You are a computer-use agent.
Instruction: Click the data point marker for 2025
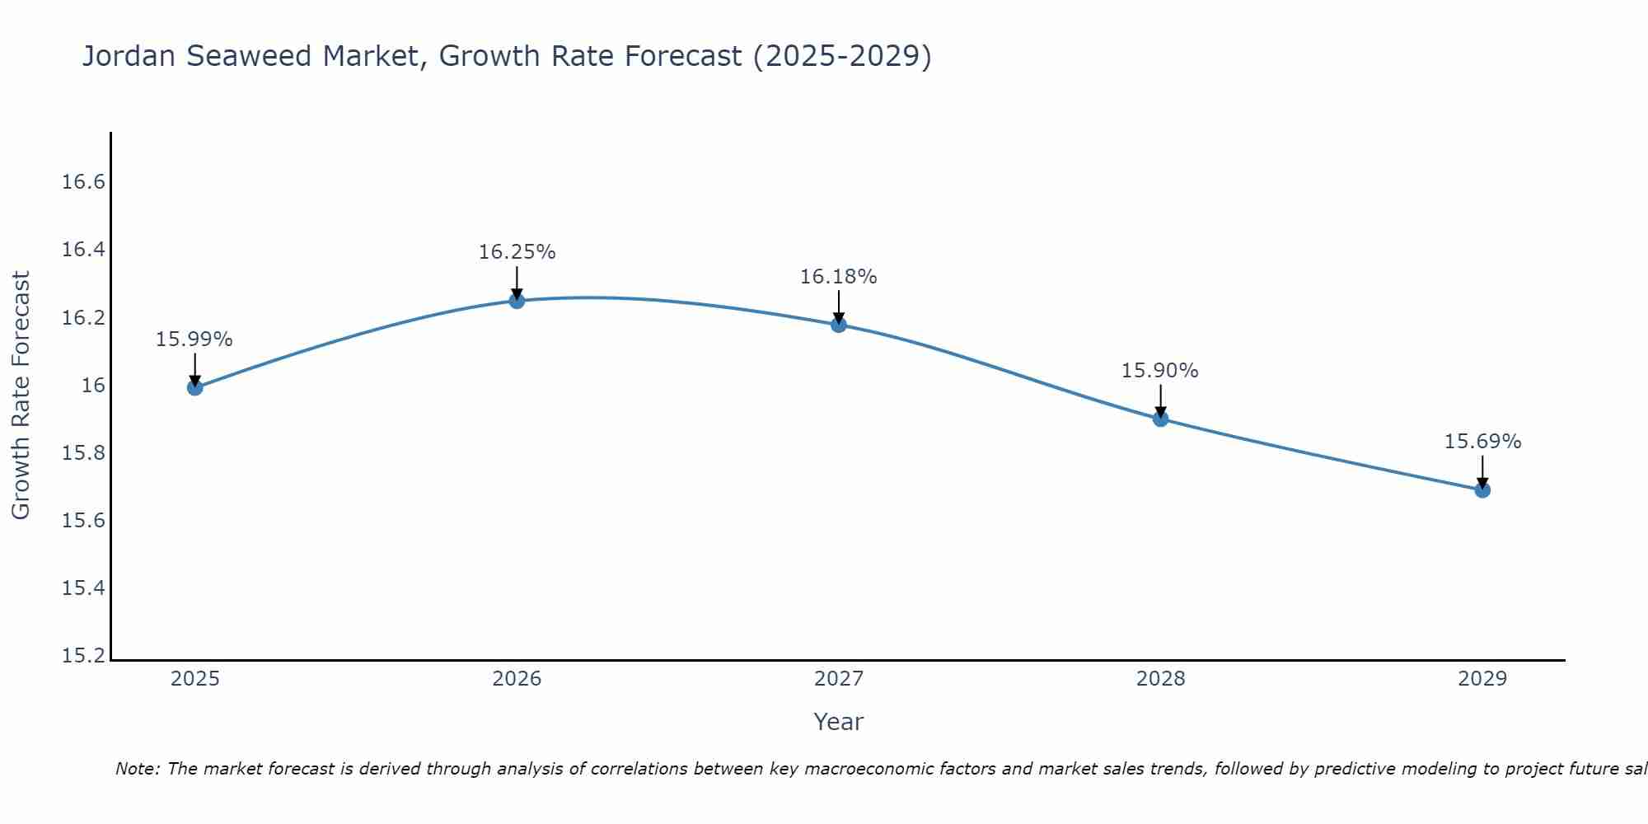point(195,387)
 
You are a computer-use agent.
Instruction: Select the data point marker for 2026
point(517,301)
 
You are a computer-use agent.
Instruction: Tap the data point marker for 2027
point(839,324)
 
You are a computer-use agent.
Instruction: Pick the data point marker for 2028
point(1160,419)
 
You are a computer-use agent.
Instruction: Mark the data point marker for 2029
point(1482,489)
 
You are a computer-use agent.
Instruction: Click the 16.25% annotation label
point(517,252)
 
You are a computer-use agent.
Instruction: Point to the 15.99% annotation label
point(194,339)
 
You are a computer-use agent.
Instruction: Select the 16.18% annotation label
point(838,277)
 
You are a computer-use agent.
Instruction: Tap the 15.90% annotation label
point(1159,371)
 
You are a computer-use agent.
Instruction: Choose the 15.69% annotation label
point(1482,442)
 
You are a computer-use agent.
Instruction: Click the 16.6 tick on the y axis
point(84,182)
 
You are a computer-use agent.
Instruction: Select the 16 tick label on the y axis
point(94,386)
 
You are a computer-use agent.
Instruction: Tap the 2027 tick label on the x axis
point(839,679)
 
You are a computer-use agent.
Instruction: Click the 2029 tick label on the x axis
point(1482,679)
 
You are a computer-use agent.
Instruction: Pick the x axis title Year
point(838,722)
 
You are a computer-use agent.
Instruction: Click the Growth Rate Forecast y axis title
point(21,395)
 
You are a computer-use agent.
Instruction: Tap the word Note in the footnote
point(136,769)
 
